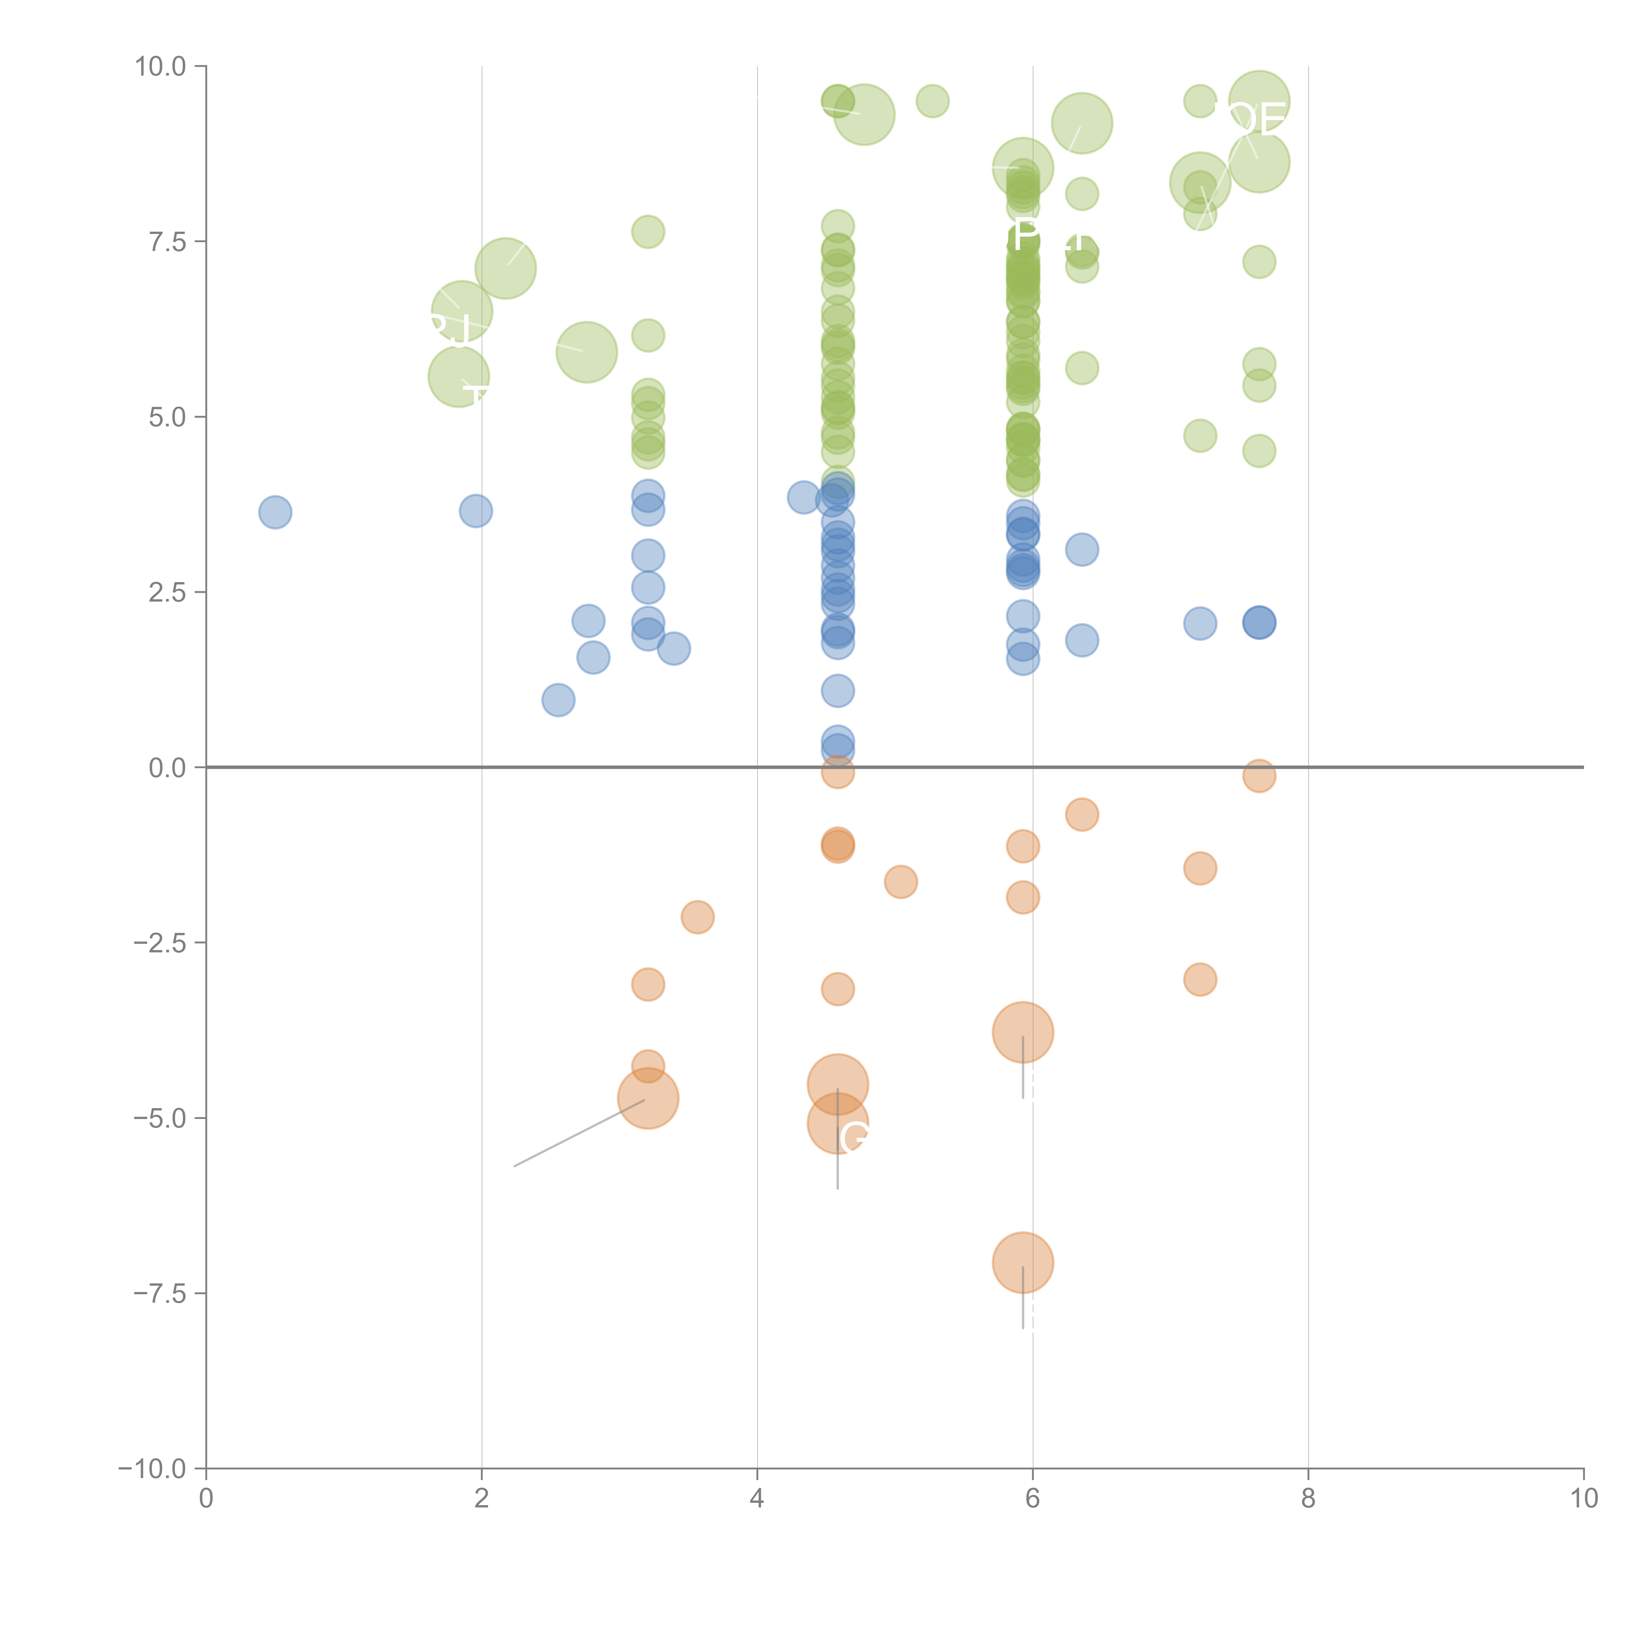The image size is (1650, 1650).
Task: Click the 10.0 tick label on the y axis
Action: point(161,67)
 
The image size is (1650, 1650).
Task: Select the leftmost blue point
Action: point(275,512)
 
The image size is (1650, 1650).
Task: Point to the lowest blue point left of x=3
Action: point(559,700)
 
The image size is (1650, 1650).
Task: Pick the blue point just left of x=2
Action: point(476,511)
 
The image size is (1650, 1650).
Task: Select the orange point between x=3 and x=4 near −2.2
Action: point(698,917)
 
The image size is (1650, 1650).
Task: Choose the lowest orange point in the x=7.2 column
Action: point(1200,979)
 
